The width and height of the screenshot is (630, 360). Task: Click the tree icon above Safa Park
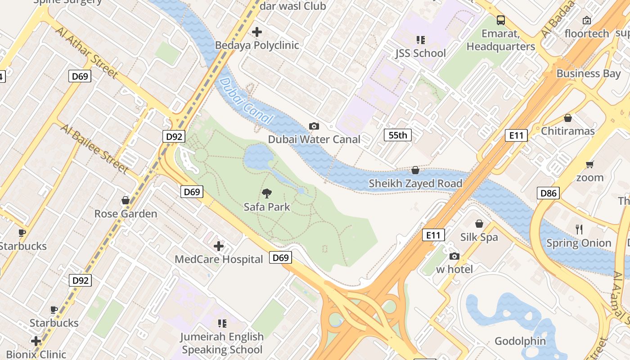coord(267,193)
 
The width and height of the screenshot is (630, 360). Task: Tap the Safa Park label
coord(267,207)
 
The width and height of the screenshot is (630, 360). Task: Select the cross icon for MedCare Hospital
coord(219,246)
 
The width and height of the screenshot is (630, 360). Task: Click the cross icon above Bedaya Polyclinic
coord(257,32)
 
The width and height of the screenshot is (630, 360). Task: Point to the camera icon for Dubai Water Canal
coord(314,126)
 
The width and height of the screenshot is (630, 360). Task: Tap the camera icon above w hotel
coord(454,256)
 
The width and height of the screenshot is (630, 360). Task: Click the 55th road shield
coord(398,135)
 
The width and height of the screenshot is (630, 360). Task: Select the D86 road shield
coord(548,193)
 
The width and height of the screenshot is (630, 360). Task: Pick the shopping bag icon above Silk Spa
coord(479,224)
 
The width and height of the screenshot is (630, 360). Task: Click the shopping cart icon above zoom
coord(589,164)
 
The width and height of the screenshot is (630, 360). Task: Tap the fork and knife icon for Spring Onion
coord(579,229)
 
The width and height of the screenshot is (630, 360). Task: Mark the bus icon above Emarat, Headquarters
coord(501,20)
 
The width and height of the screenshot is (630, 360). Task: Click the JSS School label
coord(420,53)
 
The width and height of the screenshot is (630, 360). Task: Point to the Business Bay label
coord(588,73)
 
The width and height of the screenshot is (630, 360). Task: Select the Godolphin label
coord(520,341)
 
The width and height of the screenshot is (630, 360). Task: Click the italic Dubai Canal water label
coord(247,101)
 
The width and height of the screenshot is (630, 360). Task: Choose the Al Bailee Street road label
coord(95,148)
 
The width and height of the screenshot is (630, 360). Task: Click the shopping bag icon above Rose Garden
coord(126,200)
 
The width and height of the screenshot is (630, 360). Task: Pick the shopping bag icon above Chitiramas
coord(568,118)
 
